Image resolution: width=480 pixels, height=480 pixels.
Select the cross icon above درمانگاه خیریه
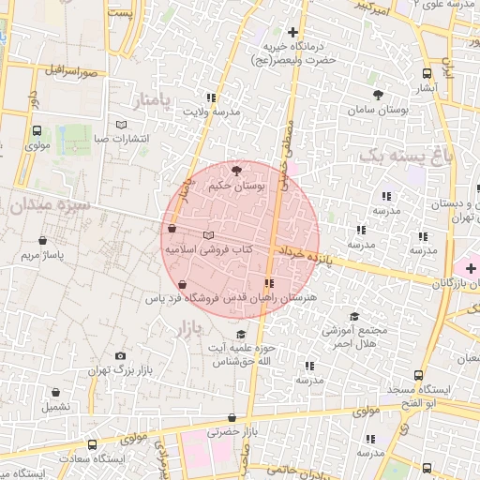(292, 32)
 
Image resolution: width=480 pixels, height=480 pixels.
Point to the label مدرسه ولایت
(211, 112)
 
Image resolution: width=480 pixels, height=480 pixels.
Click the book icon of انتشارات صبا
(120, 125)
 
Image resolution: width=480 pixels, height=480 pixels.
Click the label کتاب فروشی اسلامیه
(209, 250)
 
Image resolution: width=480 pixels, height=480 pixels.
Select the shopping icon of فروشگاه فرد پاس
(181, 284)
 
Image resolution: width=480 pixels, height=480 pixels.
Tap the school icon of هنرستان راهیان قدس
(269, 282)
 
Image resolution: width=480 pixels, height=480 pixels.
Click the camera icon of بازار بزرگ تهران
(120, 356)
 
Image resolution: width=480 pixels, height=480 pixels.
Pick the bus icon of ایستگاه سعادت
(92, 444)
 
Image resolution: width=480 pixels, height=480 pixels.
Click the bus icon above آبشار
(427, 73)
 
